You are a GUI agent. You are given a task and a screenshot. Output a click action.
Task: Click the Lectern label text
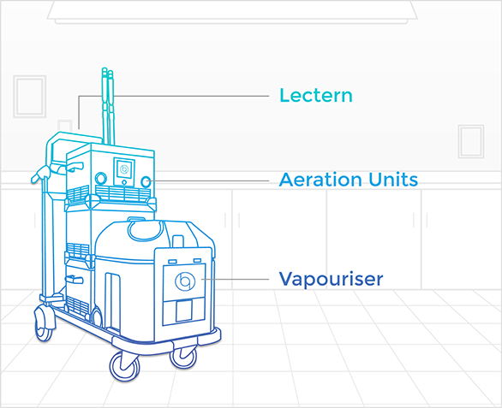[x=315, y=95]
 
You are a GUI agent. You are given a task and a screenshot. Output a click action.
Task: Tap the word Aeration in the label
[x=321, y=180]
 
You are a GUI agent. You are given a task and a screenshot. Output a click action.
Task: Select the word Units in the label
[x=393, y=180]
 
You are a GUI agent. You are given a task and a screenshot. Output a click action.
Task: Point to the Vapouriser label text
[x=331, y=279]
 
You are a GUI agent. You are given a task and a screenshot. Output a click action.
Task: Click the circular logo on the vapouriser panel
[x=185, y=281]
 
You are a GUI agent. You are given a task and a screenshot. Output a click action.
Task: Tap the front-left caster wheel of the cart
[x=124, y=366]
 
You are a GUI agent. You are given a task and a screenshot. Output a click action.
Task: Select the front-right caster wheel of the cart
[x=183, y=358]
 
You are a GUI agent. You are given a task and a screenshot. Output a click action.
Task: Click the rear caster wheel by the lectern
[x=44, y=323]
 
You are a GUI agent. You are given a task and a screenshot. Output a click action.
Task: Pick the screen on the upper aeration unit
[x=124, y=169]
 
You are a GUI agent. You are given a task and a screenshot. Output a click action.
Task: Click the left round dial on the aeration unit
[x=101, y=179]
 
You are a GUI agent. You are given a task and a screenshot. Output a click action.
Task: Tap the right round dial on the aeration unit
[x=146, y=181]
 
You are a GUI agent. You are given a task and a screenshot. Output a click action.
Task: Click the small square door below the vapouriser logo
[x=184, y=310]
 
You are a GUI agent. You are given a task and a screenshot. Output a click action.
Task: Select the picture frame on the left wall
[x=30, y=97]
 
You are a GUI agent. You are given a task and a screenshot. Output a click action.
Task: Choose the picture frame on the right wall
[x=470, y=141]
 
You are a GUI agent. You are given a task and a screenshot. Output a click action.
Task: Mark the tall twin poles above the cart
[x=108, y=106]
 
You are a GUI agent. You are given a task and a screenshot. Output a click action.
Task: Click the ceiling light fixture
[x=232, y=12]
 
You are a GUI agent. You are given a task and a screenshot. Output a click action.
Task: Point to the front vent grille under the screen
[x=123, y=193]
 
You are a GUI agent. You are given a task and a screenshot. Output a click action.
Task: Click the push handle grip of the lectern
[x=41, y=174]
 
